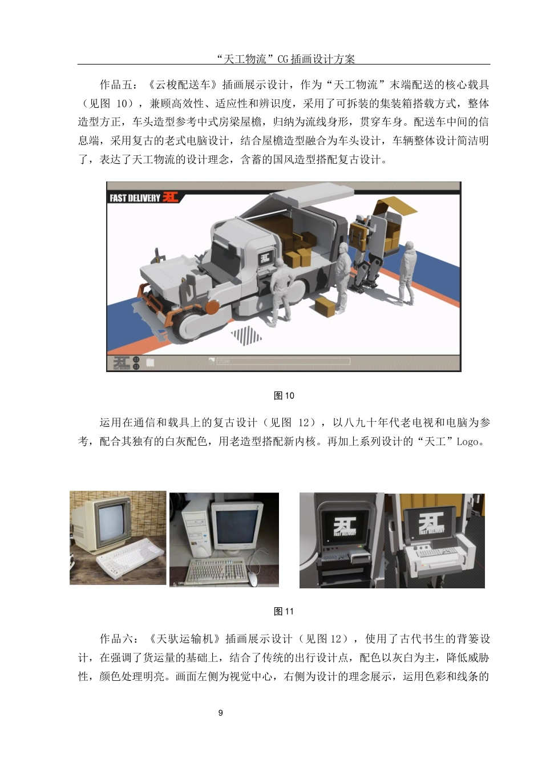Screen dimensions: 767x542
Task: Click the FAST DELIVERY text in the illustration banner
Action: point(135,198)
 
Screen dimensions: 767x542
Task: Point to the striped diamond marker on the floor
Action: point(246,335)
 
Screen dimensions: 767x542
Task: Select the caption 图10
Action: point(284,396)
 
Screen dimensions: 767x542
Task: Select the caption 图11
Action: point(284,612)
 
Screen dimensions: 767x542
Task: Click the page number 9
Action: point(221,713)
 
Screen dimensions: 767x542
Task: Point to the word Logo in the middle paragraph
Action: point(467,442)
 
